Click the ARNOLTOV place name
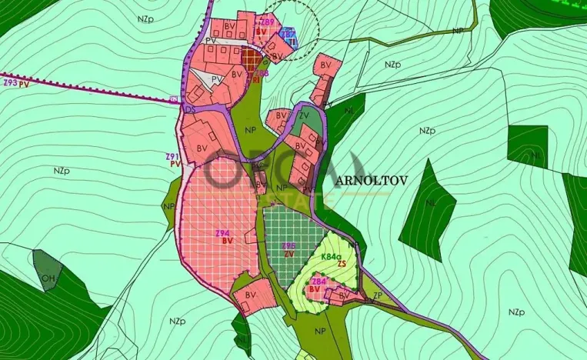point(371,179)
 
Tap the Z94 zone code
point(223,232)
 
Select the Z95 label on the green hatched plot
point(289,246)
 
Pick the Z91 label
point(172,156)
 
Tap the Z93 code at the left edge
point(10,82)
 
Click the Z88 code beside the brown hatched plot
point(262,73)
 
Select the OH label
point(48,278)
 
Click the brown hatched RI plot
point(252,58)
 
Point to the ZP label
point(377,295)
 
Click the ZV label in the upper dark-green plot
point(304,116)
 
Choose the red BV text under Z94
point(227,241)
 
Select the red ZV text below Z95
point(289,254)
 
